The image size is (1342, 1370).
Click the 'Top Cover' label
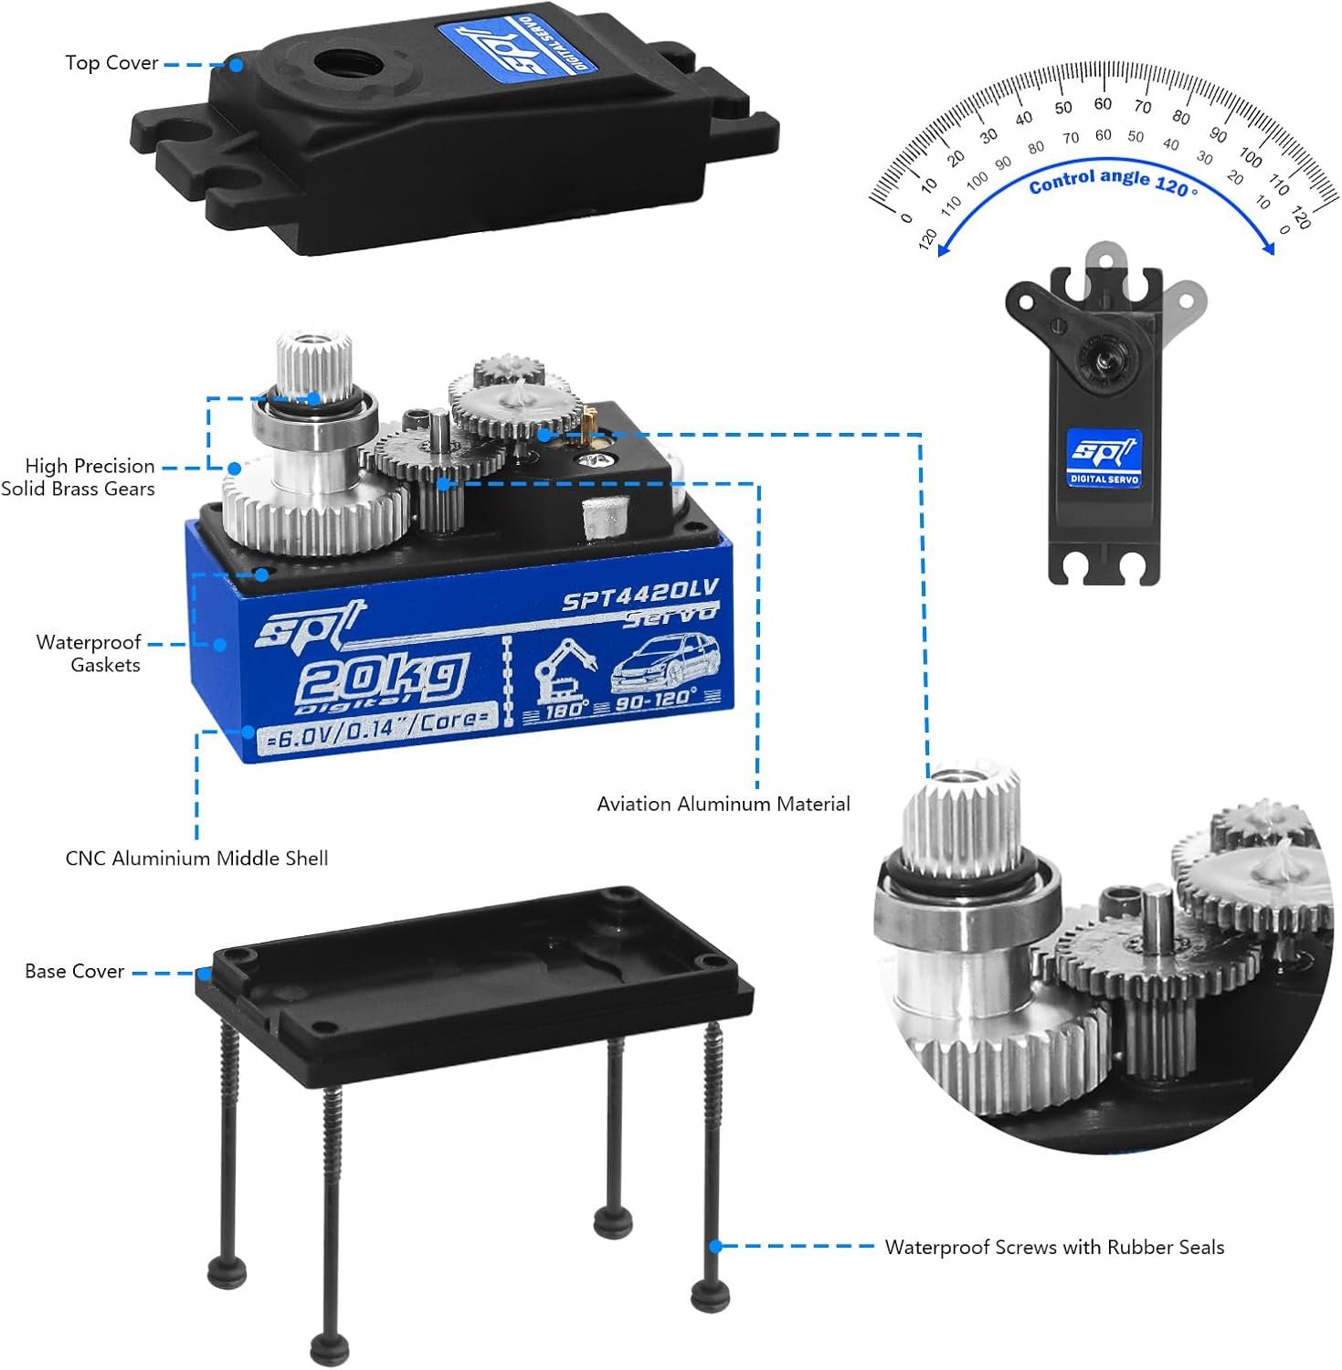point(111,63)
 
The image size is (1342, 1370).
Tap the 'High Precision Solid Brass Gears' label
point(79,477)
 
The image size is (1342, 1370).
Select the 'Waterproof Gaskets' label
point(89,653)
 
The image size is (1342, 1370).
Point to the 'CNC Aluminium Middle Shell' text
point(196,858)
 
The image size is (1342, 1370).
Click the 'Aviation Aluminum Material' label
point(723,804)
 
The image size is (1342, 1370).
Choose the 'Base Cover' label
point(74,971)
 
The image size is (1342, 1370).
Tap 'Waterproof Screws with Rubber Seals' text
point(1054,1247)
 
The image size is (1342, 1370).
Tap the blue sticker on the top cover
point(516,47)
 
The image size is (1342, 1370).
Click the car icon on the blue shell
point(665,662)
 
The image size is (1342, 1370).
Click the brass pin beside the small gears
point(589,422)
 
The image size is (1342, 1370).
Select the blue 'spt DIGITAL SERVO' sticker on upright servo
point(1104,457)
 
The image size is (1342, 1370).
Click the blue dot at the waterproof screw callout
point(716,1246)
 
